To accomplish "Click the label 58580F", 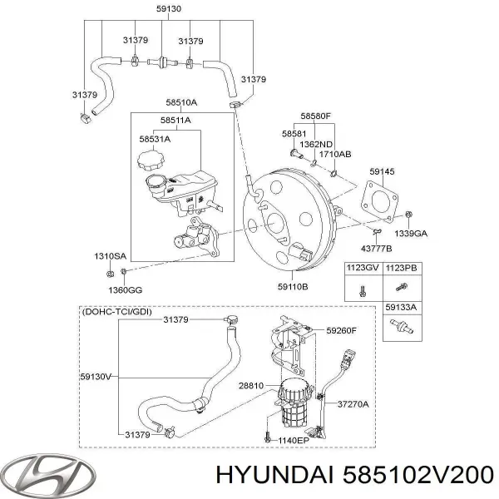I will pos(316,117).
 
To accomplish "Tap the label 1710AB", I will pos(334,153).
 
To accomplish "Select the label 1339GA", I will pos(411,235).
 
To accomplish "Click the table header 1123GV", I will pos(363,269).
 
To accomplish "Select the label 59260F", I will pos(341,331).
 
